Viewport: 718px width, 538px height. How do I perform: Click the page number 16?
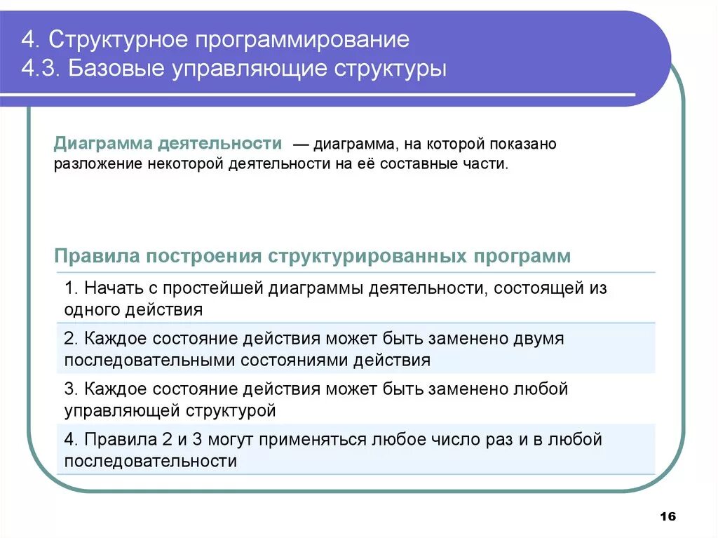point(668,516)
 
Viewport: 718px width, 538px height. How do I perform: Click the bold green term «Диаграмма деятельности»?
point(168,144)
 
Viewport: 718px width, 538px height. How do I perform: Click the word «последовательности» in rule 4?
point(150,461)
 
